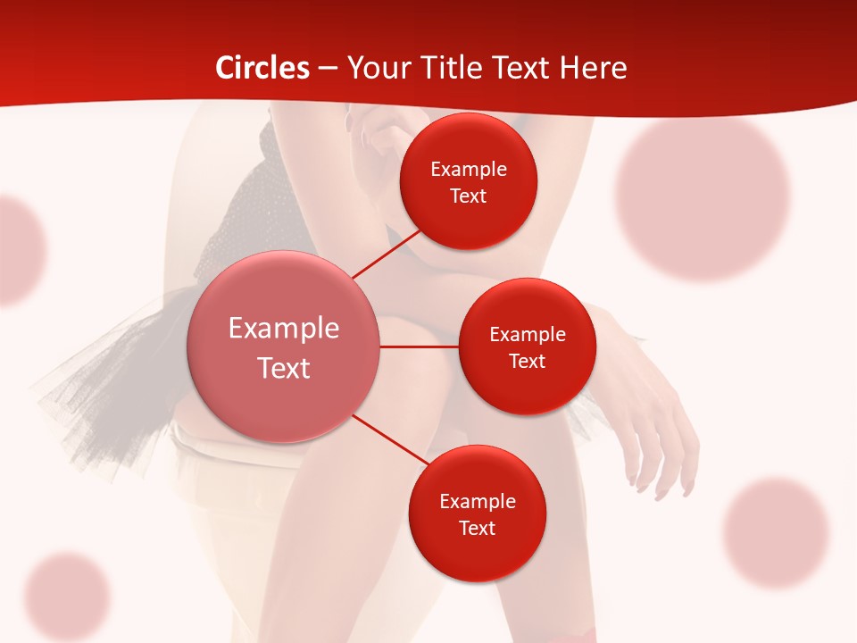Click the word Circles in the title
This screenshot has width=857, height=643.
click(262, 68)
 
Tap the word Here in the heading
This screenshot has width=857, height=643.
click(593, 68)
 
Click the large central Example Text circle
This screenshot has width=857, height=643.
click(284, 347)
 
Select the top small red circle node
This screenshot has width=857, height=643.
click(468, 181)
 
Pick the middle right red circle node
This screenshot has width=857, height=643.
click(527, 347)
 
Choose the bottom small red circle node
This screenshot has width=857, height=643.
click(477, 514)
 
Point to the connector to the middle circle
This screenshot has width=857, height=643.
click(420, 347)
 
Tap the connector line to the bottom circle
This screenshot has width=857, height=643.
click(389, 439)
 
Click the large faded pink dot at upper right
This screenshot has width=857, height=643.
click(703, 198)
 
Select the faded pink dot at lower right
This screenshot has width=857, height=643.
click(776, 533)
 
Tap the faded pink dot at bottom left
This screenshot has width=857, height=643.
click(67, 596)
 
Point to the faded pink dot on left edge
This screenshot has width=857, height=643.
click(18, 250)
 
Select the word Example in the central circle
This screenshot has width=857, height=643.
click(284, 329)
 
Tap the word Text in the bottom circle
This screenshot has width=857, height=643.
click(477, 528)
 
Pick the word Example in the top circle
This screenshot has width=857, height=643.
click(468, 169)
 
